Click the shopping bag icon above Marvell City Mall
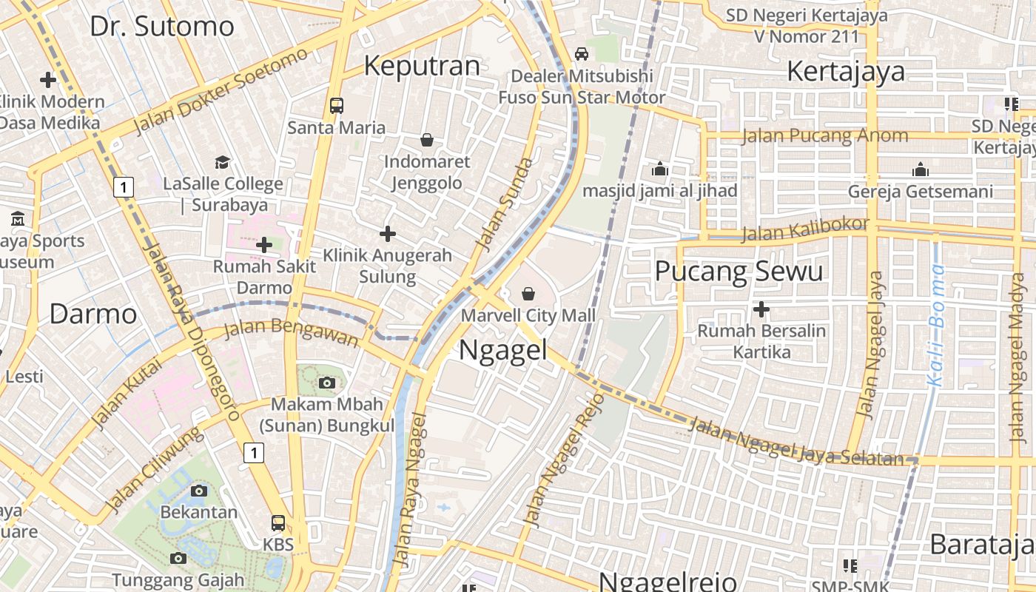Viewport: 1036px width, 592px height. pyautogui.click(x=528, y=294)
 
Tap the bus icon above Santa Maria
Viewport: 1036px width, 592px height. pyautogui.click(x=337, y=105)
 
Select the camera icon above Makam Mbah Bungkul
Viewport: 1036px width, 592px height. pyautogui.click(x=326, y=383)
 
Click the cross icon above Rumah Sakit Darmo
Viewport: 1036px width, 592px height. pyautogui.click(x=264, y=244)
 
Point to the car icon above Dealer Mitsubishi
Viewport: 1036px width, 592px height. pyautogui.click(x=582, y=53)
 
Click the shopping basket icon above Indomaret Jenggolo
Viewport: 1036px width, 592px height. pyautogui.click(x=427, y=139)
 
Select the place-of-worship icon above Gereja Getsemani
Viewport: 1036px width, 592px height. pyautogui.click(x=921, y=169)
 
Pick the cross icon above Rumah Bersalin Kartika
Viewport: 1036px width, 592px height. pyautogui.click(x=761, y=309)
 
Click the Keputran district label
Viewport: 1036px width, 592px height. pyautogui.click(x=423, y=67)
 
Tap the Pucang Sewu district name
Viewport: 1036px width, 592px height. pyautogui.click(x=739, y=272)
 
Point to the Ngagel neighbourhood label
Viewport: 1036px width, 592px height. pyautogui.click(x=502, y=349)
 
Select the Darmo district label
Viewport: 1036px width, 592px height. pyautogui.click(x=93, y=314)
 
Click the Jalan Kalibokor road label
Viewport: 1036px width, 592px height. pyautogui.click(x=805, y=229)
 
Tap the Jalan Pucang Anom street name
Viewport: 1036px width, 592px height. pyautogui.click(x=824, y=135)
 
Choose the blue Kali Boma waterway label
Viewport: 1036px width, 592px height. pyautogui.click(x=937, y=326)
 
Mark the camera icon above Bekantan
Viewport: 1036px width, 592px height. pyautogui.click(x=198, y=491)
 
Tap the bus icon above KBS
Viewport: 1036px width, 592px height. pyautogui.click(x=278, y=523)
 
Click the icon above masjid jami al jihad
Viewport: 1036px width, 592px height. pyautogui.click(x=660, y=169)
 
